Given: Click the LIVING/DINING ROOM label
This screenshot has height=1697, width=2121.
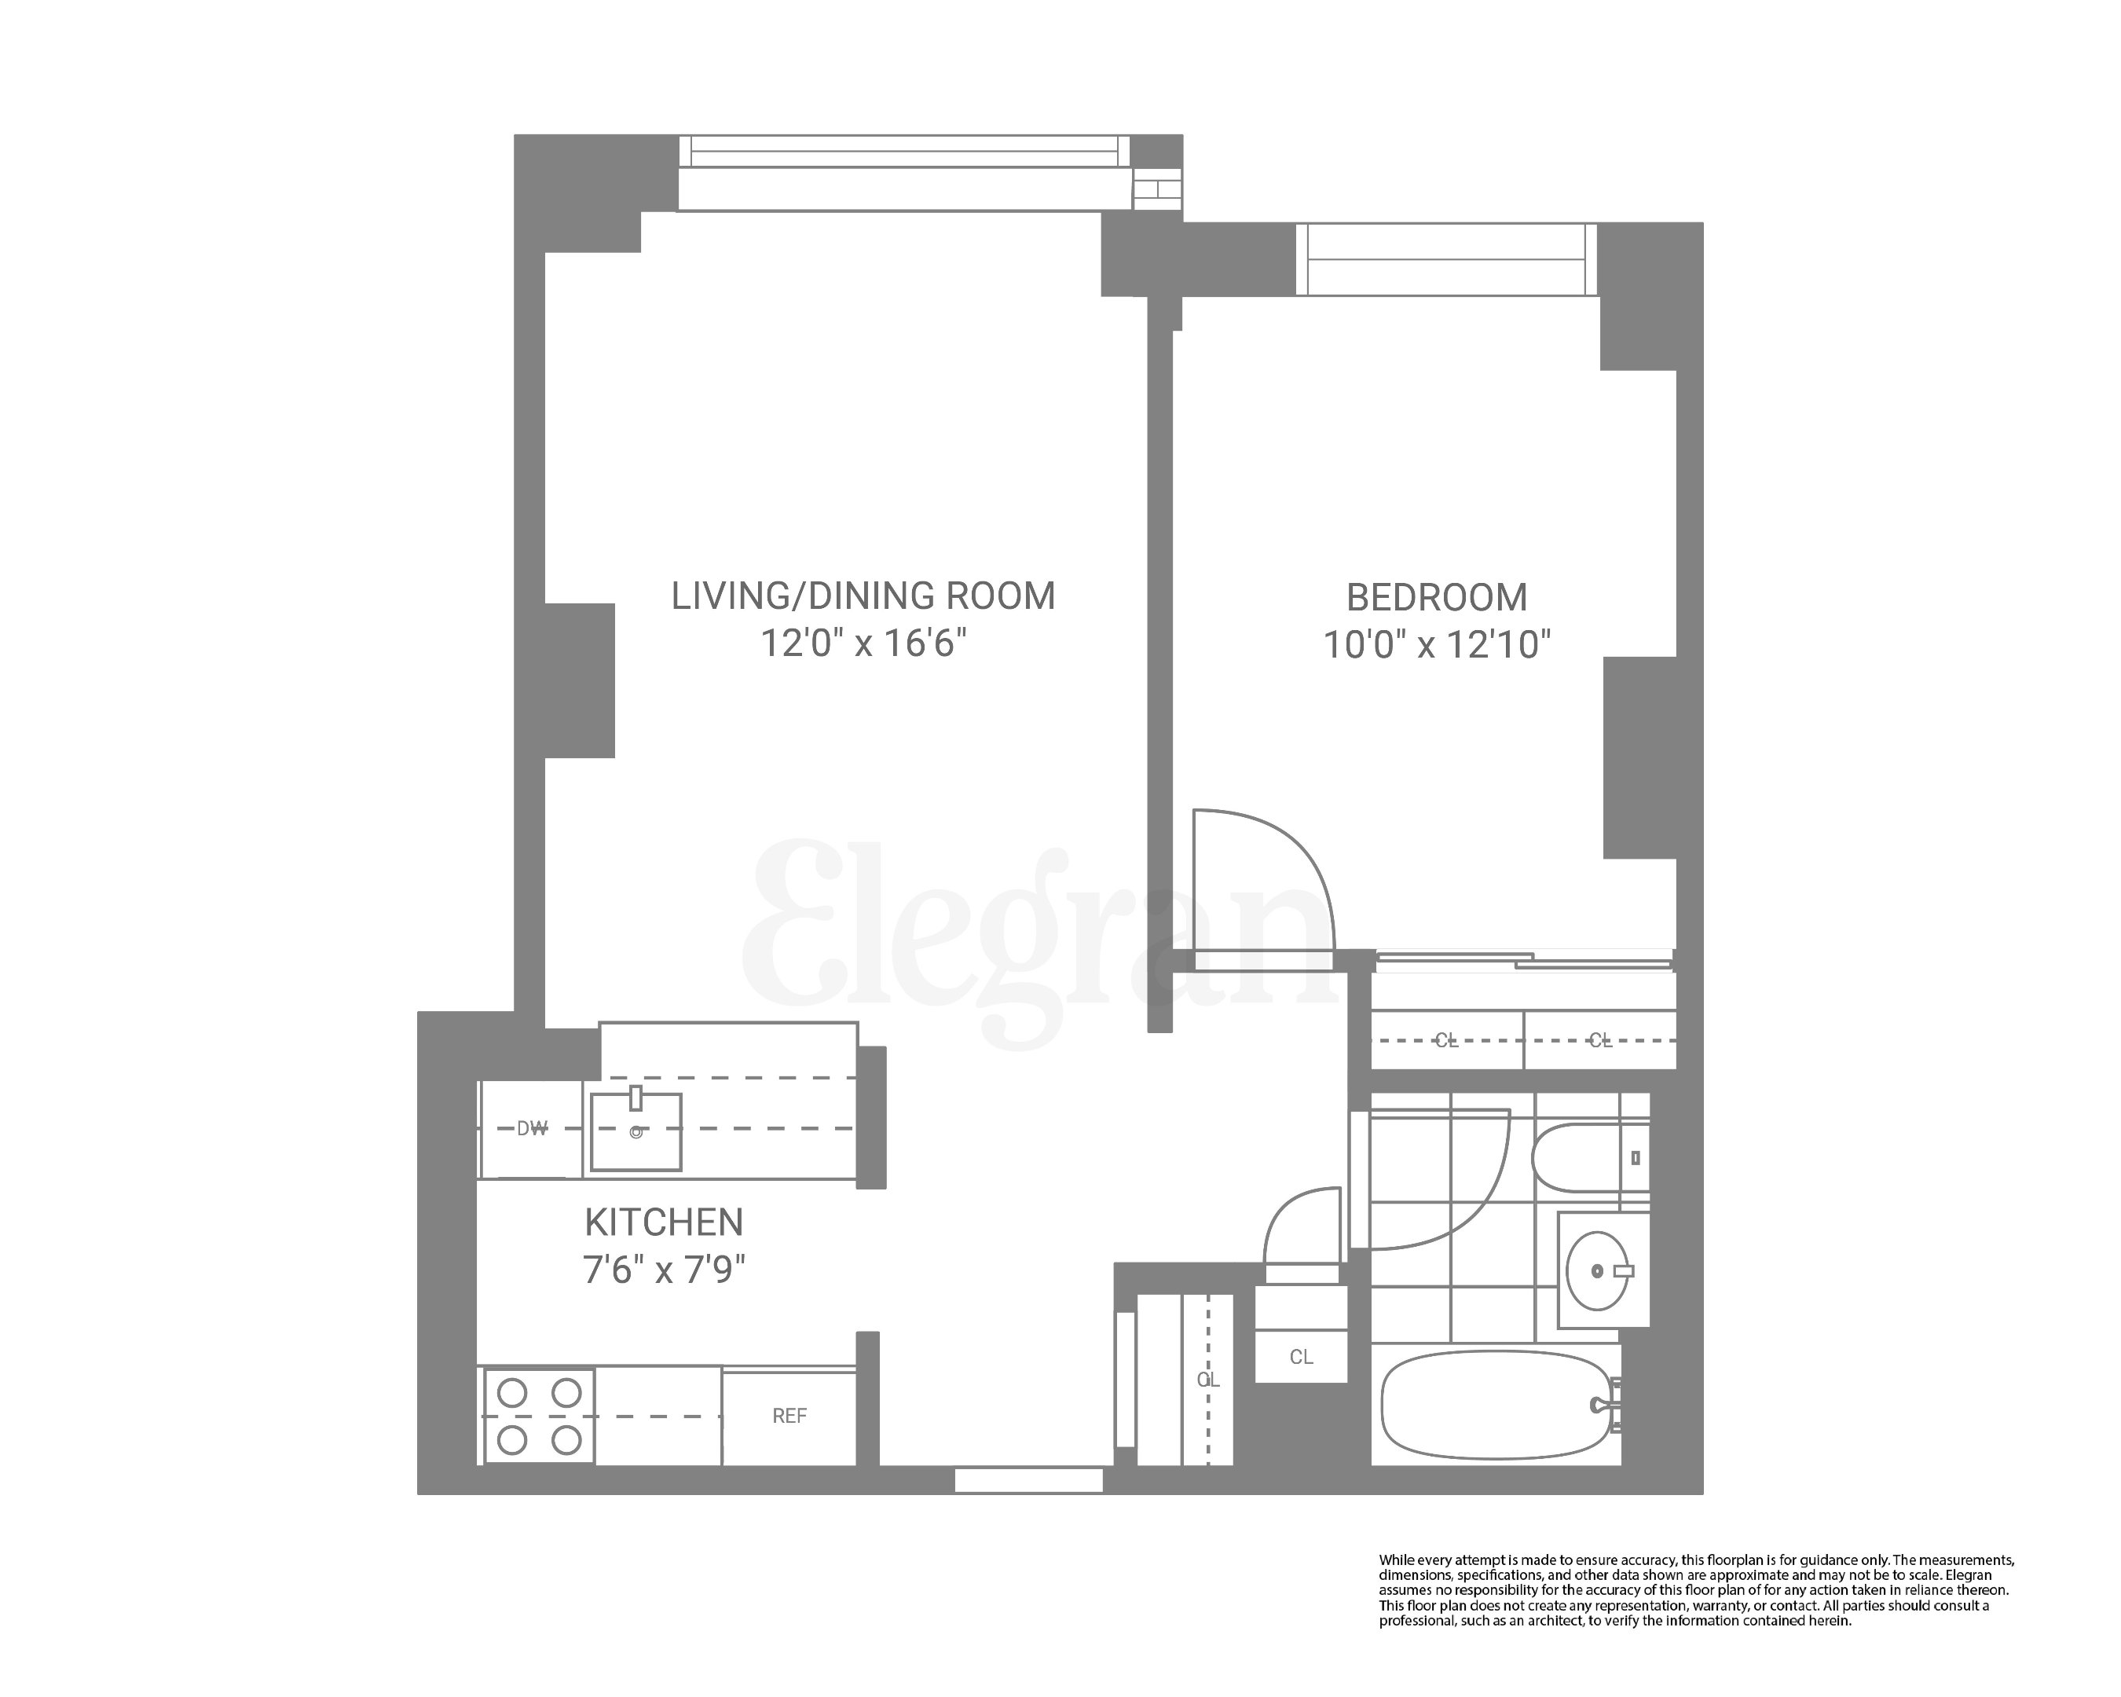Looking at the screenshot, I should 863,596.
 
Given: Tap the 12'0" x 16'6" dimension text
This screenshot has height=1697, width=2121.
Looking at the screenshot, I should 863,644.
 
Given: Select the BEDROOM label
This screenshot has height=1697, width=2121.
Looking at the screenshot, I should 1436,598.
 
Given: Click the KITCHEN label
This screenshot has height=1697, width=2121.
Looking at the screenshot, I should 664,1222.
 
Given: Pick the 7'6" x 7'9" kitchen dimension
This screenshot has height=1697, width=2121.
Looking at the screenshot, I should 664,1271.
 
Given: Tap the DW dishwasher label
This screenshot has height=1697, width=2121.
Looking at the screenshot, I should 531,1129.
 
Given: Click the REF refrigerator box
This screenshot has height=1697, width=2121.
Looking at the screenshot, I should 789,1417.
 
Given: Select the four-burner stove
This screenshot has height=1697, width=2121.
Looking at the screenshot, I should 538,1417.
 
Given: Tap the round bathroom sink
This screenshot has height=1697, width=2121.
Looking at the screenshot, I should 1597,1271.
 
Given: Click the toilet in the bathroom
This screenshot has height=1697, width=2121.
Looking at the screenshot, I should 1584,1158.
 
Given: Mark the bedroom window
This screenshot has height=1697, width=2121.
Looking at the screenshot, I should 1446,258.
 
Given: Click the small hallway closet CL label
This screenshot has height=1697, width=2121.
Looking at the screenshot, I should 1301,1358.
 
